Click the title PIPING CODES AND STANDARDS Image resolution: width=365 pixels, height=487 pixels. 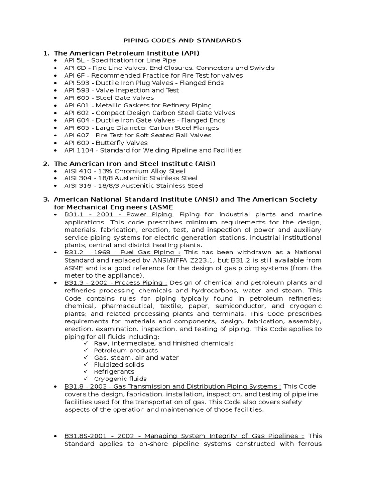point(182,40)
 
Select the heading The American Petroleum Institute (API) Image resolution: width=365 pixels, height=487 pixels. point(126,53)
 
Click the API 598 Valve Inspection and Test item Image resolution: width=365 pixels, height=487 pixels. point(122,90)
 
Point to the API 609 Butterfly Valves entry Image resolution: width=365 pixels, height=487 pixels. point(106,143)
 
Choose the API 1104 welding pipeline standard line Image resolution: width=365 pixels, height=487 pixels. point(153,150)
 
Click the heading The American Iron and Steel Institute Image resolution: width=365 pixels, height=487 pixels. point(134,163)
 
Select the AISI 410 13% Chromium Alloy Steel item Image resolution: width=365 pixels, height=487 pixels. point(125,171)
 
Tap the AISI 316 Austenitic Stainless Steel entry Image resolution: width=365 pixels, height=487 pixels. point(134,185)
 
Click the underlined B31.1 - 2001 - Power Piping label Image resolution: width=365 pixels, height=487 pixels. point(119,214)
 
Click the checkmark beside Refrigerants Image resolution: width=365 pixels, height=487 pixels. point(86,371)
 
